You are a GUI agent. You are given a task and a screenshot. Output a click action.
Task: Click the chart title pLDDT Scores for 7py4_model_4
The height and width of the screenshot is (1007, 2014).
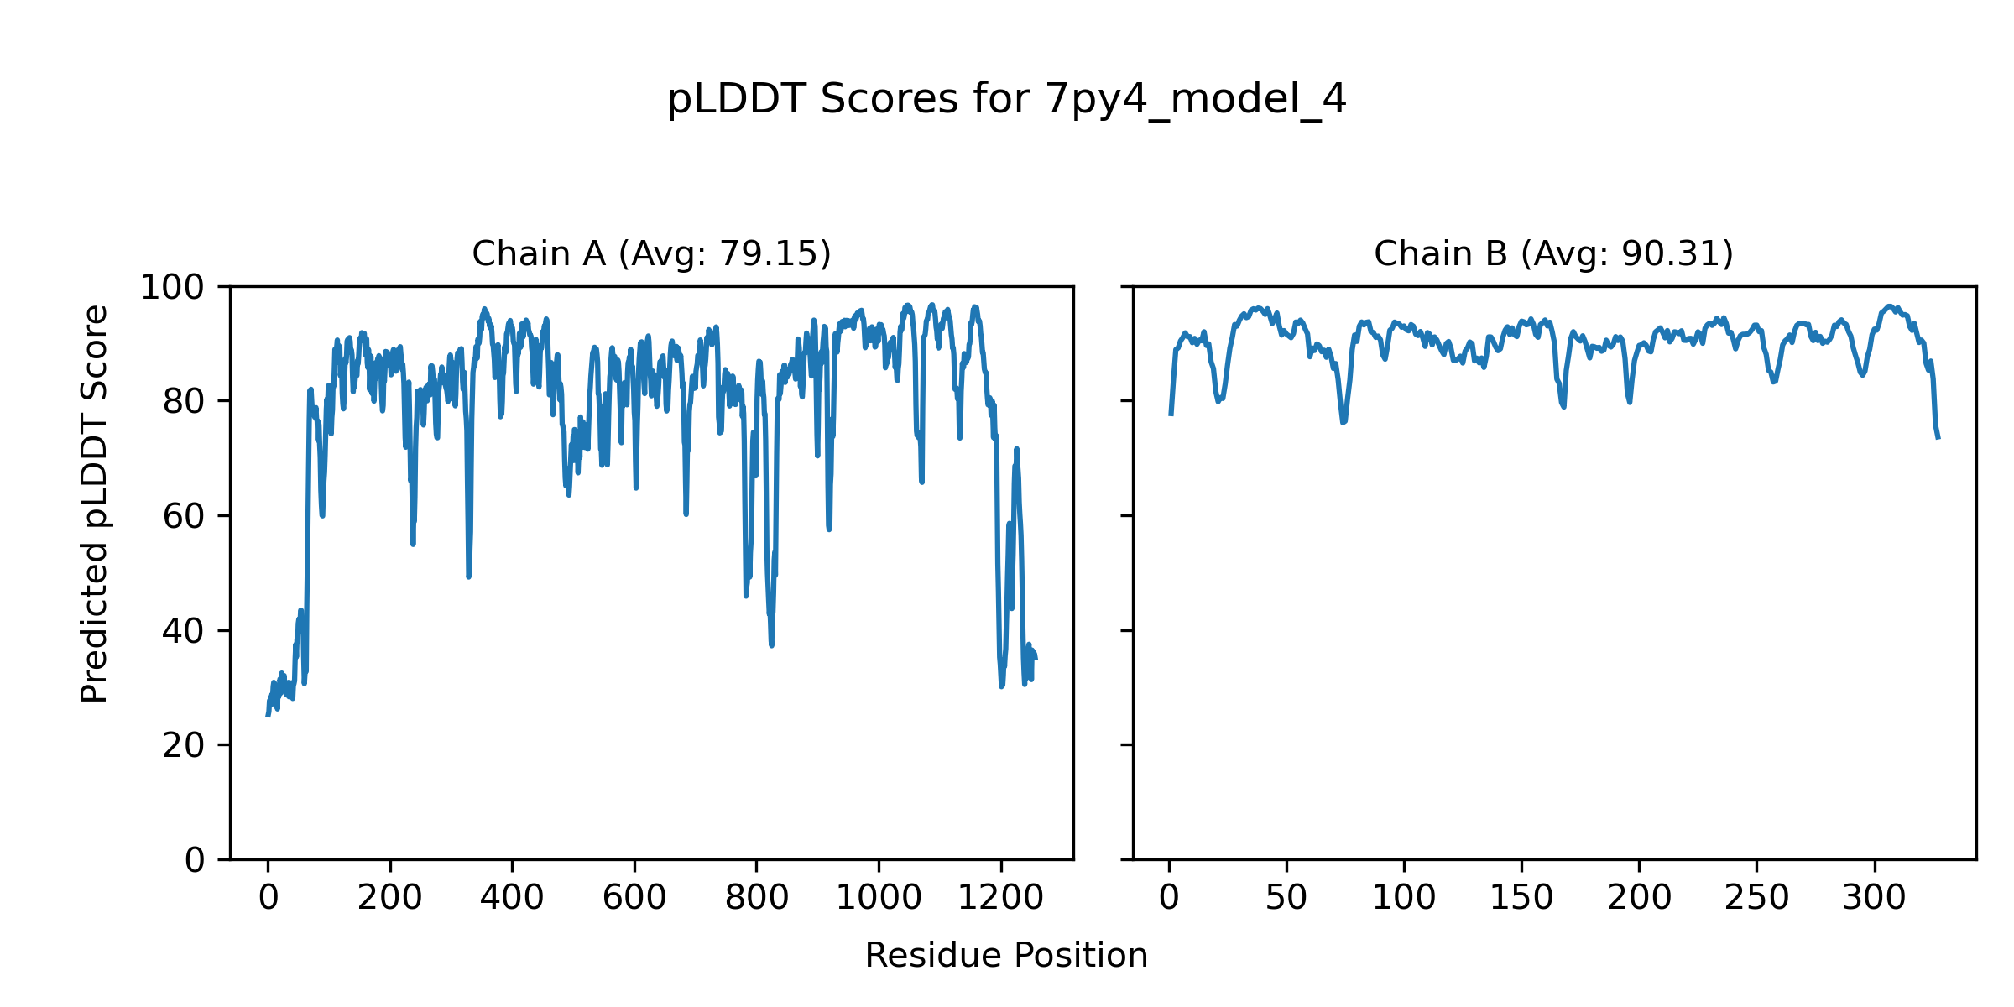click(1006, 99)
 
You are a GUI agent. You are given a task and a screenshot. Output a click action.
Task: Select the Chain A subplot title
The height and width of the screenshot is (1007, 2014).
click(651, 253)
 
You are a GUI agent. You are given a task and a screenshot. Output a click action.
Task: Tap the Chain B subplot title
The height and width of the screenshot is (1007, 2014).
click(1553, 253)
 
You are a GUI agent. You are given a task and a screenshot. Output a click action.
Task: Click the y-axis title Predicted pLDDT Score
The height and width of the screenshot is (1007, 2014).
click(94, 503)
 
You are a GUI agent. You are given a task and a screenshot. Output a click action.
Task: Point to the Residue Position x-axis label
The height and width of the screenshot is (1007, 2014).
click(1006, 956)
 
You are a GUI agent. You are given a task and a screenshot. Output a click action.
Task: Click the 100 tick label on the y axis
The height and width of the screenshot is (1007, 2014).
click(172, 288)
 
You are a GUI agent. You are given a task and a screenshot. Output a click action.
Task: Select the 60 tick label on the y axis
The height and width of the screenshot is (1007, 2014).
click(183, 516)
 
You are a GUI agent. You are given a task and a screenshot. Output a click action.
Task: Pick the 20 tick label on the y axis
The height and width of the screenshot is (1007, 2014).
click(183, 745)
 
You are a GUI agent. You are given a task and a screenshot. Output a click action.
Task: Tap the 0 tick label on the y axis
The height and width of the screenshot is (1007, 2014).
click(194, 860)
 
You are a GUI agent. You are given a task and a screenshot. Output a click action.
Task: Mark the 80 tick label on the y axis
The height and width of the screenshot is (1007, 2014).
click(183, 402)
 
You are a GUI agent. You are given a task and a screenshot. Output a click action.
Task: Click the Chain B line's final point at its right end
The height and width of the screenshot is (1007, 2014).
click(1938, 438)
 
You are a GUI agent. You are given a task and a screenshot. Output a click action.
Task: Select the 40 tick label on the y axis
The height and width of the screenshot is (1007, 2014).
click(183, 631)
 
